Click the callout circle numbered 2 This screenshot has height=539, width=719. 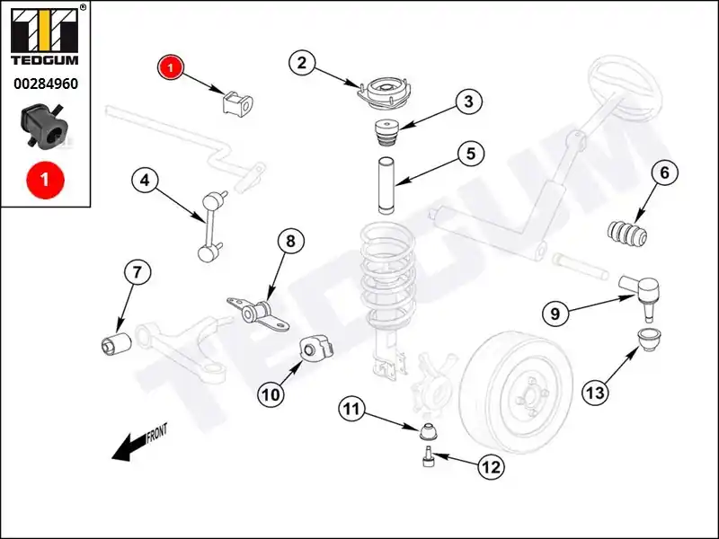[302, 63]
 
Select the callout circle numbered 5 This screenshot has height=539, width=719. [469, 155]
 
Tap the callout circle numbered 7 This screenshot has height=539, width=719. [137, 272]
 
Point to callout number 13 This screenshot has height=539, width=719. [595, 392]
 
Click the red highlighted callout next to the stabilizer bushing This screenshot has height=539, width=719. [171, 66]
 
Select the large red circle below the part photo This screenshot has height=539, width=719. [44, 179]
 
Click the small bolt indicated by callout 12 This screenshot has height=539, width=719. [428, 459]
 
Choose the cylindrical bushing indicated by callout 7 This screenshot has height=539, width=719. [114, 341]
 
